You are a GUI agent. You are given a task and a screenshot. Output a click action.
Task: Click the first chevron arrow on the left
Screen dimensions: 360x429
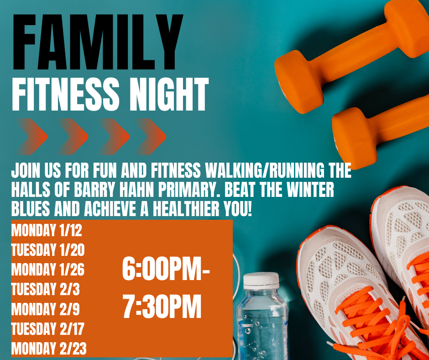(x=33, y=136)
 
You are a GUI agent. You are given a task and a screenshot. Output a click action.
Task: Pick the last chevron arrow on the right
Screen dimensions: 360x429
(x=152, y=136)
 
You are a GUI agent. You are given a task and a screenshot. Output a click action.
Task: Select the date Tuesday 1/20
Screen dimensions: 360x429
(x=48, y=250)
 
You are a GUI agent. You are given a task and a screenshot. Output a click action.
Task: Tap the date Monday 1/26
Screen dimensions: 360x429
(x=48, y=270)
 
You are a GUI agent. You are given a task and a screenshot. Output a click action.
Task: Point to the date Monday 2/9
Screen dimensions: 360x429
(x=45, y=309)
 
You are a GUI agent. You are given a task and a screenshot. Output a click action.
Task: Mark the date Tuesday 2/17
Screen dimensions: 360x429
(x=48, y=329)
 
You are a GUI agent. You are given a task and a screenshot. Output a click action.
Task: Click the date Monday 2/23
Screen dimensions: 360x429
(x=49, y=349)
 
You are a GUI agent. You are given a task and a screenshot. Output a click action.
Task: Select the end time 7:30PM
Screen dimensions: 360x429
(x=162, y=308)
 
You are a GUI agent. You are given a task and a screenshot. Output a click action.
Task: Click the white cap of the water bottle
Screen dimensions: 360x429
(x=261, y=280)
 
